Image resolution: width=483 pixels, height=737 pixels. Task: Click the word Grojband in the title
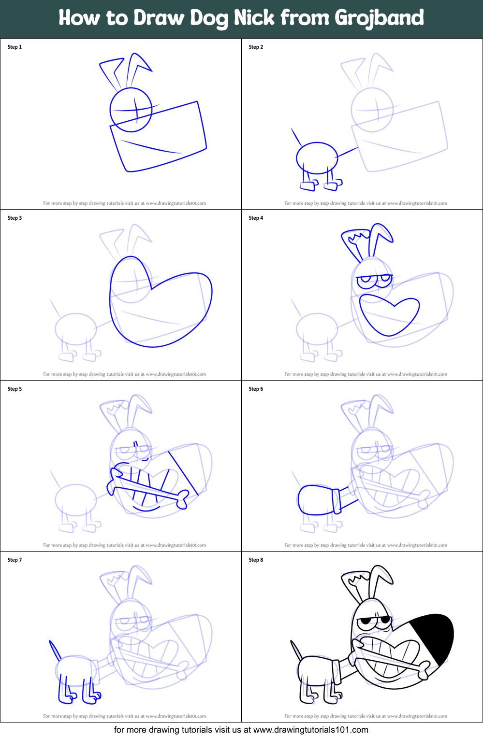coord(379,18)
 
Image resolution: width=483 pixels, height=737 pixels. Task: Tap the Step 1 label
coord(15,47)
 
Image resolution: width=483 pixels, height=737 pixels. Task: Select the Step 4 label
coord(256,218)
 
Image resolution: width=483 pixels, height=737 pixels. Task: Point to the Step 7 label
coord(15,560)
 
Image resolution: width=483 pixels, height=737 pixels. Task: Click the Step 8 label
coord(256,560)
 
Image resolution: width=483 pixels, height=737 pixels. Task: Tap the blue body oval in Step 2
coord(317,158)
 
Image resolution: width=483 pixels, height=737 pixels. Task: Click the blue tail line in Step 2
coord(296,137)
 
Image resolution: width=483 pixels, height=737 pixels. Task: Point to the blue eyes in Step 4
coord(373,280)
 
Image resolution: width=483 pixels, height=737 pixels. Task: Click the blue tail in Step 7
coord(55,650)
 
